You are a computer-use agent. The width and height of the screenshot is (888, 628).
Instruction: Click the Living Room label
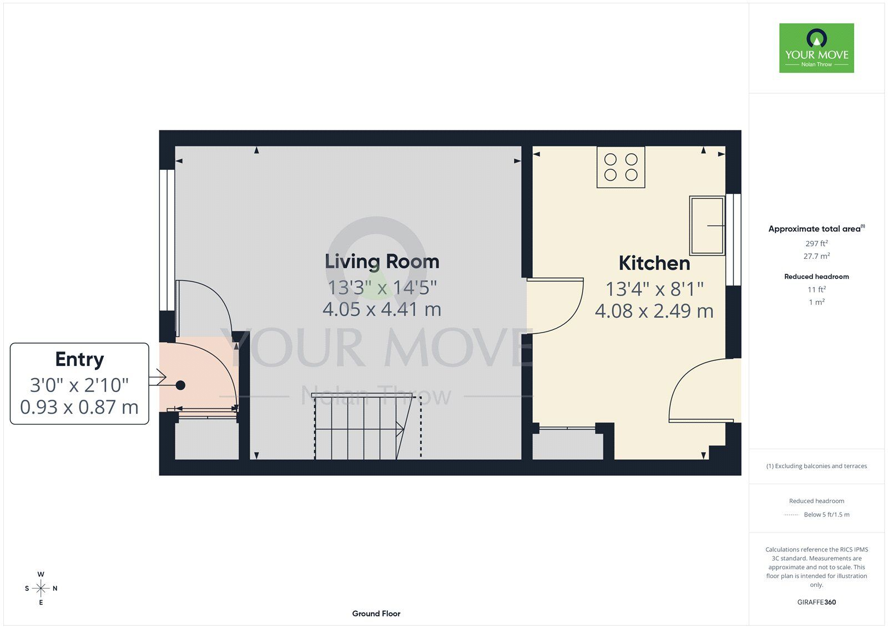[382, 262]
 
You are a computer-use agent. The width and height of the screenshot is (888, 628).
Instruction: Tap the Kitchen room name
[654, 263]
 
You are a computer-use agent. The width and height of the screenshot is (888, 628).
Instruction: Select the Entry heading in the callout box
[79, 359]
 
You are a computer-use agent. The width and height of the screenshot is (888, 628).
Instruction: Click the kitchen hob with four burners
[621, 167]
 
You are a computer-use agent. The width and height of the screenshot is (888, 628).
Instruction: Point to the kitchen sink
[707, 225]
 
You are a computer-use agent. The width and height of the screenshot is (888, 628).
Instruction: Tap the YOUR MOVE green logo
[816, 48]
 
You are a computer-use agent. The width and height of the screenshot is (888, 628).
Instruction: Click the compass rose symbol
[41, 589]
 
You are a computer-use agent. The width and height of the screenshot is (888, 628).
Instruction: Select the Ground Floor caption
[376, 614]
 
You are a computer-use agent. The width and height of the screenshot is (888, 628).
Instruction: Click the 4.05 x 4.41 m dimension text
[382, 309]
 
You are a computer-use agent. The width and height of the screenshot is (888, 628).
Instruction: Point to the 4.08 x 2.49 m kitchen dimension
[654, 311]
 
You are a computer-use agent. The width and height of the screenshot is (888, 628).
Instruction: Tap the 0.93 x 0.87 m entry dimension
[79, 408]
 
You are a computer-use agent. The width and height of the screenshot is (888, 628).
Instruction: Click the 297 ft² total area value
[816, 244]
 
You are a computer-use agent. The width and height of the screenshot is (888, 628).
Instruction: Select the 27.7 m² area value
[816, 257]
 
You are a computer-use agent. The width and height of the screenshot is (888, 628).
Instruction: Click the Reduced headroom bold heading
[816, 277]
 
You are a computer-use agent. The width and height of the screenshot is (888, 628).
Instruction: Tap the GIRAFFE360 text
[816, 602]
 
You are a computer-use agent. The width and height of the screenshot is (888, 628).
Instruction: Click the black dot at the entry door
[180, 385]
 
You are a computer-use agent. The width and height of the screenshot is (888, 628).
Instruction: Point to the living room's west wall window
[167, 240]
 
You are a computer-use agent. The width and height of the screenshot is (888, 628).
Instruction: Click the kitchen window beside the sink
[733, 240]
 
